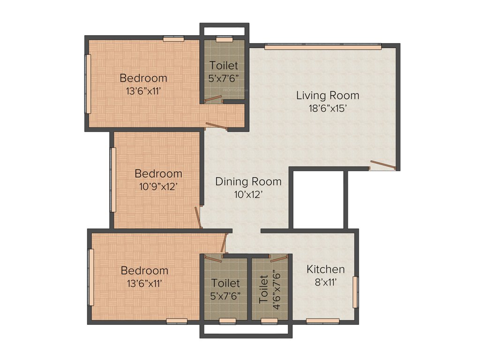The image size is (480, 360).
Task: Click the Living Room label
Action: (328, 96)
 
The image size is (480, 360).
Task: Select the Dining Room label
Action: (248, 181)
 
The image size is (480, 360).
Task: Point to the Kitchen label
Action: (326, 269)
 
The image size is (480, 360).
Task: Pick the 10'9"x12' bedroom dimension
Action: (158, 186)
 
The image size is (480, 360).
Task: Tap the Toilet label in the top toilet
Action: (224, 66)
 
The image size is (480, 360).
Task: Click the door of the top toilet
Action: (213, 99)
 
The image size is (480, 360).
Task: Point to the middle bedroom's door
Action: (198, 217)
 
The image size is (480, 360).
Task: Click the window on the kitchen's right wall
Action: (355, 292)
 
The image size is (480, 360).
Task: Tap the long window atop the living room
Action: (322, 46)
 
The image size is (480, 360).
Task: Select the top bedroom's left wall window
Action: (87, 83)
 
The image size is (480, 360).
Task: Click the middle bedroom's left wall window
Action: (113, 180)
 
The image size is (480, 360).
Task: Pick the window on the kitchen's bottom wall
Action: (322, 321)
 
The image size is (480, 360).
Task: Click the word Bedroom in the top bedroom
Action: (143, 78)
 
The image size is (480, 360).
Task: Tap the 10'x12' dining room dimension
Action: (248, 194)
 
